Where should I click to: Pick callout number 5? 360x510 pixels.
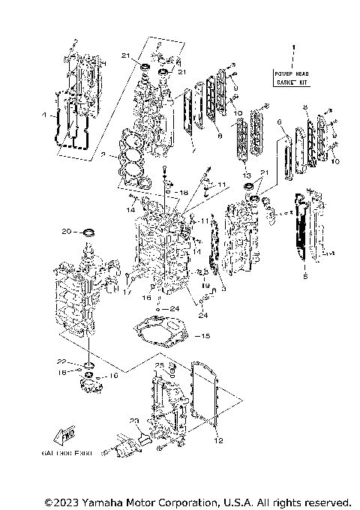305,277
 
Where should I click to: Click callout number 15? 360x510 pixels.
206,335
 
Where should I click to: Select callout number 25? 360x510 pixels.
159,365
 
